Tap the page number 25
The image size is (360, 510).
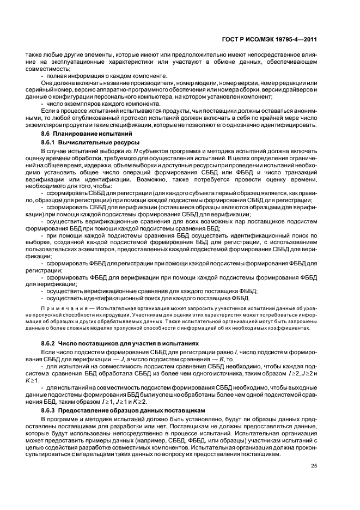click(x=314, y=465)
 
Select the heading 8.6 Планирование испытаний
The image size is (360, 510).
click(x=86, y=134)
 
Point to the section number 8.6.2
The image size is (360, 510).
click(x=50, y=344)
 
